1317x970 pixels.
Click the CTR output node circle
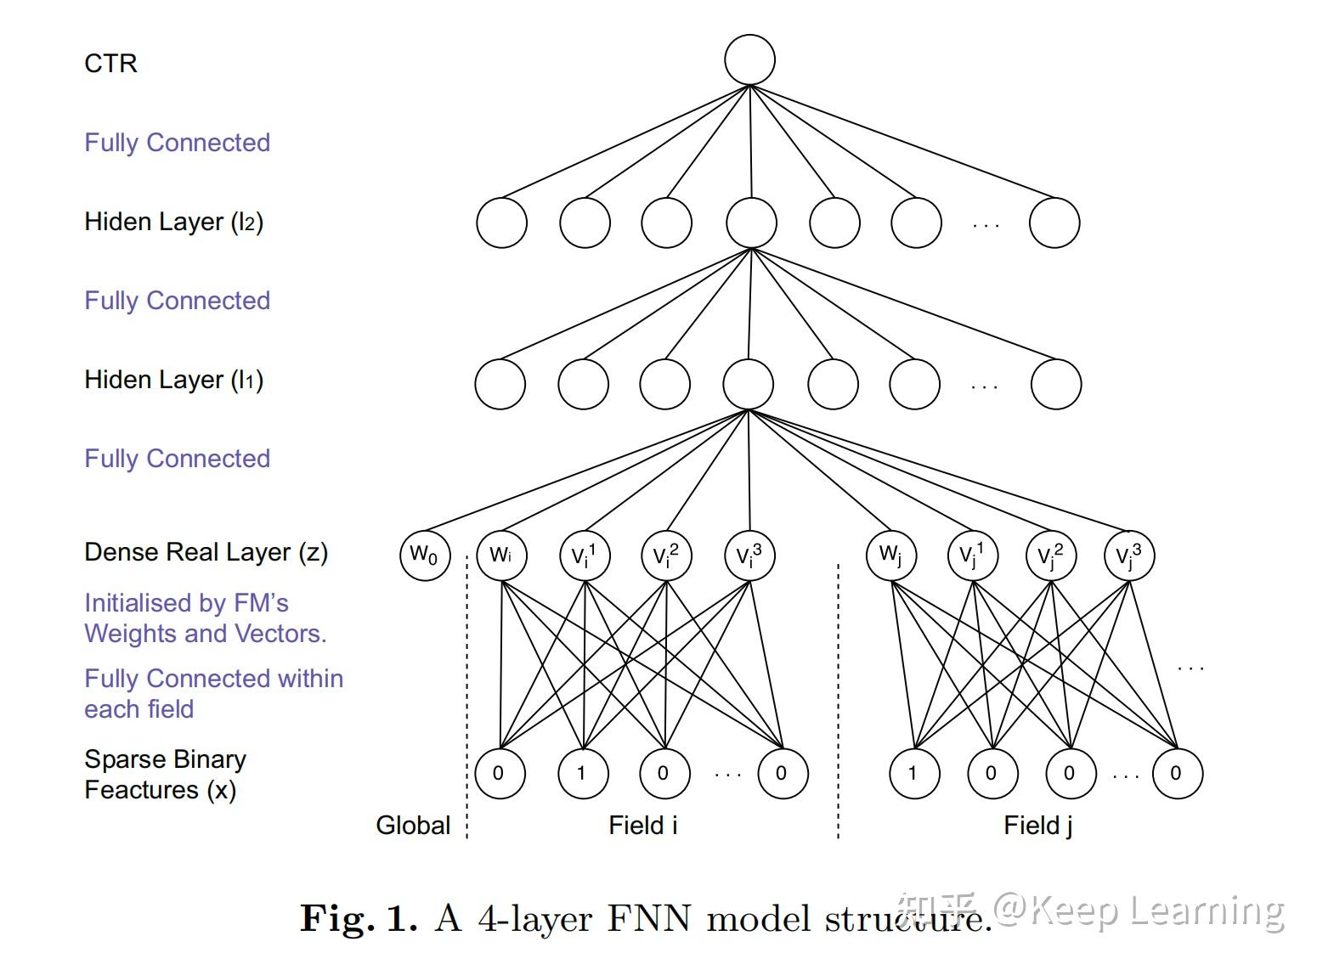(x=749, y=60)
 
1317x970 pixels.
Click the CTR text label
(x=110, y=64)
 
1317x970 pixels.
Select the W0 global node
(x=424, y=555)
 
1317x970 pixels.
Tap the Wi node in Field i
(x=501, y=555)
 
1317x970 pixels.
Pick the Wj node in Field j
(x=890, y=555)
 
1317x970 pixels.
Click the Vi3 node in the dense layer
(x=749, y=555)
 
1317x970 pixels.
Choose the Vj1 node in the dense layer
(x=972, y=555)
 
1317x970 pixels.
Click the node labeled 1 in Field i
(x=582, y=773)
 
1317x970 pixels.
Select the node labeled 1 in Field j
(x=913, y=773)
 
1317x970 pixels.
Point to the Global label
(x=413, y=825)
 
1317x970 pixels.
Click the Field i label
(x=643, y=825)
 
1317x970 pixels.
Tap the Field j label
(x=1037, y=825)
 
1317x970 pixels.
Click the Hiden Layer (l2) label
(x=173, y=222)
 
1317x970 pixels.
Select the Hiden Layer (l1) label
(x=173, y=380)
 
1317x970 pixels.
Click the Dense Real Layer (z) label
(x=206, y=552)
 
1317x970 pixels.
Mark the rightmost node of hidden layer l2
(x=1054, y=223)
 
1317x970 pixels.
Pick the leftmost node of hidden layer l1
(x=500, y=384)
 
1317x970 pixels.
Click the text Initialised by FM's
(x=186, y=603)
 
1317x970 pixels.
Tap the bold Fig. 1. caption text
(x=359, y=919)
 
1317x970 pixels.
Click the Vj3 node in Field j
(x=1128, y=555)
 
